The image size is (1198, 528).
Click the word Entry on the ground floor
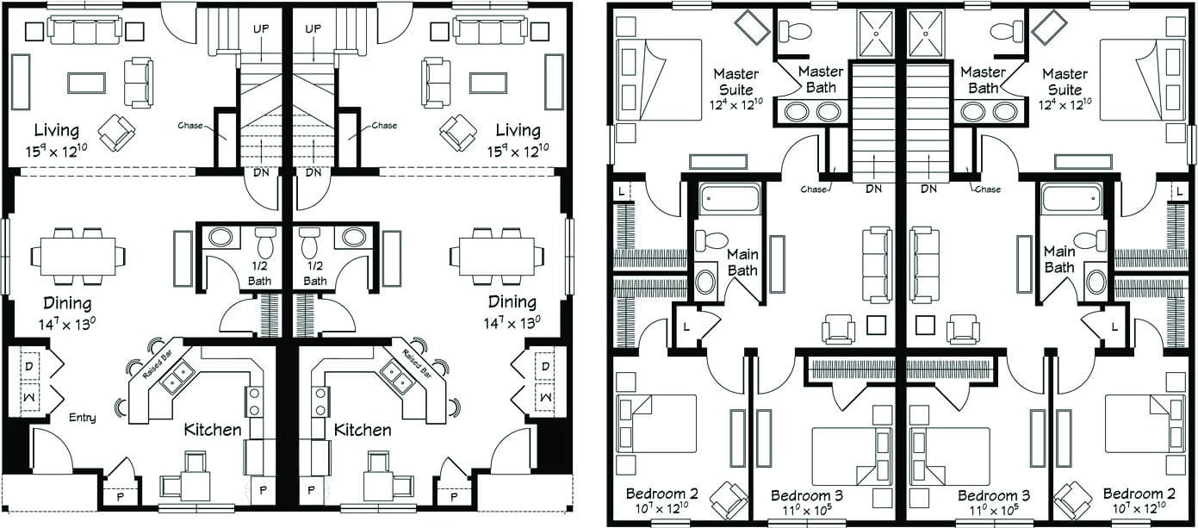point(83,418)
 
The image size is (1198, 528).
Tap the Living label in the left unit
point(57,131)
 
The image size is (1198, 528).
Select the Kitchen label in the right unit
point(363,430)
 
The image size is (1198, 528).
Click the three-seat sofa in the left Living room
point(84,31)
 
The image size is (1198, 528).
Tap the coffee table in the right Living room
point(488,83)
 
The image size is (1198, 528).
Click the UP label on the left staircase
point(262,29)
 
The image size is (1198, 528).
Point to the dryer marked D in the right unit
point(544,368)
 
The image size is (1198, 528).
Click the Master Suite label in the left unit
point(736,82)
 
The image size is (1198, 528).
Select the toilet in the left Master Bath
point(795,32)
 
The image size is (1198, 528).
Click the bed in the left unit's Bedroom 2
point(657,423)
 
